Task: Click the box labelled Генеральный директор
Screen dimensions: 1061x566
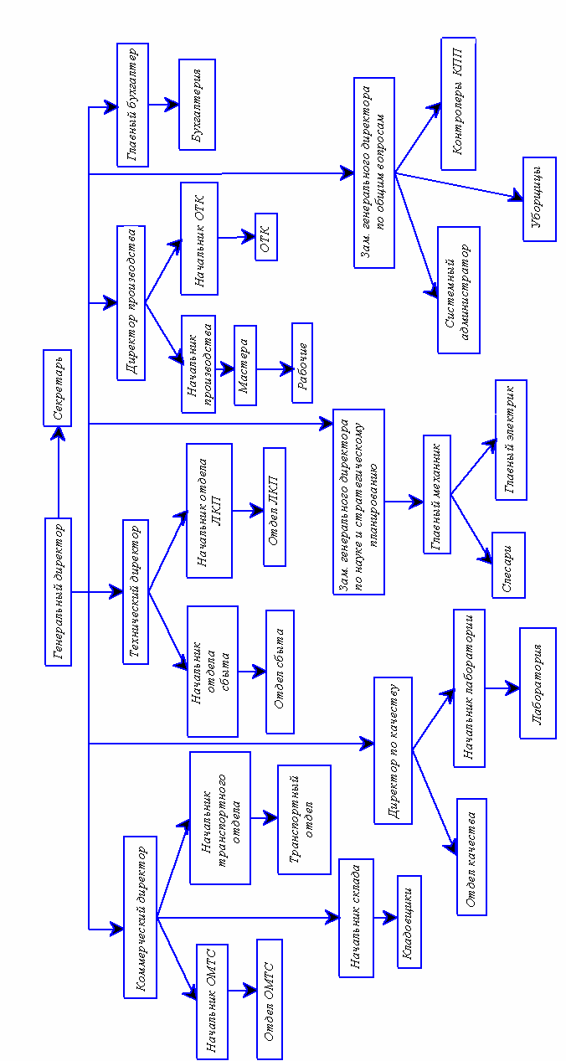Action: pyautogui.click(x=58, y=592)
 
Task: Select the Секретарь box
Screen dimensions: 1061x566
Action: pyautogui.click(x=58, y=388)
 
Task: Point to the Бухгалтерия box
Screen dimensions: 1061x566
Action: pyautogui.click(x=198, y=105)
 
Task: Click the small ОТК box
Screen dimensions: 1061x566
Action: pyautogui.click(x=266, y=237)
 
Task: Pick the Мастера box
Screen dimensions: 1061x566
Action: pyautogui.click(x=245, y=365)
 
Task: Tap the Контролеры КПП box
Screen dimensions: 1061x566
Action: pyautogui.click(x=458, y=103)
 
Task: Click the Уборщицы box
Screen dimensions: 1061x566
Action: pyautogui.click(x=538, y=198)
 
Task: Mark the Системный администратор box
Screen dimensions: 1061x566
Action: pyautogui.click(x=458, y=289)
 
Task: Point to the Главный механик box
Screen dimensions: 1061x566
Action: pyautogui.click(x=437, y=494)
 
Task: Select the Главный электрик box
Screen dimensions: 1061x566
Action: pyautogui.click(x=511, y=440)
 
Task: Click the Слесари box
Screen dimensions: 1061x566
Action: pyautogui.click(x=508, y=564)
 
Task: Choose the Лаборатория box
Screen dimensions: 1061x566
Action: pyautogui.click(x=538, y=682)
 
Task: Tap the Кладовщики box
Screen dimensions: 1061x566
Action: pyautogui.click(x=409, y=921)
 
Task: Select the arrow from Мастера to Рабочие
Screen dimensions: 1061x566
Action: pyautogui.click(x=274, y=367)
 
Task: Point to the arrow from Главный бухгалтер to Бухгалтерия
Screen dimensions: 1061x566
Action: pyautogui.click(x=163, y=106)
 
